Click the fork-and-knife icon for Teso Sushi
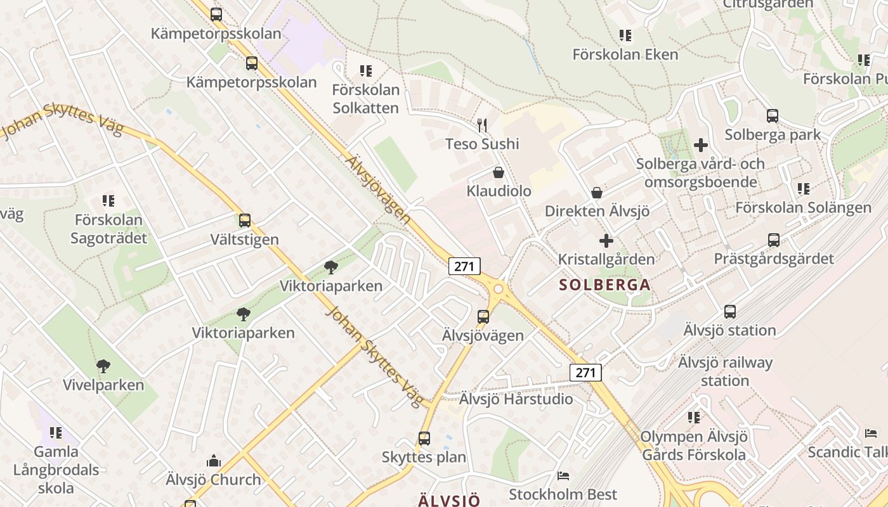click(x=483, y=125)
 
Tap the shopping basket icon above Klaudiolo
click(x=499, y=172)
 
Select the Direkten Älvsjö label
click(x=597, y=211)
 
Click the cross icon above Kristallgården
click(x=606, y=241)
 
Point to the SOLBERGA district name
click(x=605, y=285)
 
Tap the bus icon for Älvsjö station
click(x=730, y=312)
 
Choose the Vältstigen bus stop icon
click(x=245, y=221)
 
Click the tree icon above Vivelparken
click(x=103, y=366)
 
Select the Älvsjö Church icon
click(x=214, y=461)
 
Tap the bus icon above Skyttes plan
click(x=424, y=438)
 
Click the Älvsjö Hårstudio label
click(x=516, y=399)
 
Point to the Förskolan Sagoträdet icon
click(x=108, y=201)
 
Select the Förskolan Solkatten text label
click(x=365, y=99)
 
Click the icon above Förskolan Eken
click(x=625, y=35)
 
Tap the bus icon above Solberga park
click(x=772, y=116)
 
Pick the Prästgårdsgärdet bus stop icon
click(x=773, y=240)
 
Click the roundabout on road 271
click(x=498, y=290)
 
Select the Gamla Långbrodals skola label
click(x=56, y=470)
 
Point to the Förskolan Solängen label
click(x=803, y=207)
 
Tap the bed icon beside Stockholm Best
click(x=563, y=476)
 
